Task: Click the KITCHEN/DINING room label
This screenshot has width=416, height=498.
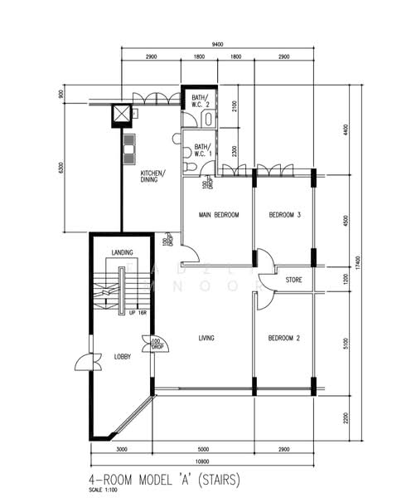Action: pyautogui.click(x=152, y=177)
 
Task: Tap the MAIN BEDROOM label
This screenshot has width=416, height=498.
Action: pyautogui.click(x=218, y=216)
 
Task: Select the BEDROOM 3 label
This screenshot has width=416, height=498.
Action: pyautogui.click(x=284, y=216)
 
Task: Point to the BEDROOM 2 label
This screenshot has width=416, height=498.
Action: pyautogui.click(x=284, y=338)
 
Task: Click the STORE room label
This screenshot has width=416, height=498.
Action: pyautogui.click(x=295, y=281)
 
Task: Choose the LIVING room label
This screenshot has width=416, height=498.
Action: pyautogui.click(x=207, y=338)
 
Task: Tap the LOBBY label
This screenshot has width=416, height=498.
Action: pyautogui.click(x=123, y=356)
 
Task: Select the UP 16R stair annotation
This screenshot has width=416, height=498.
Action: pyautogui.click(x=138, y=313)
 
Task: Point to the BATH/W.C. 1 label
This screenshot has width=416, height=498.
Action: pyautogui.click(x=202, y=151)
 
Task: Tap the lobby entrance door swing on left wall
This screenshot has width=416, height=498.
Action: pyautogui.click(x=82, y=362)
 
